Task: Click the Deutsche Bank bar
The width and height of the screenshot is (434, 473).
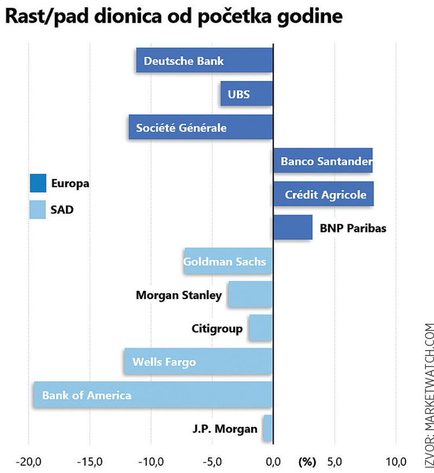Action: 204,61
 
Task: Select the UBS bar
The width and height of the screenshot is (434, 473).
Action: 246,94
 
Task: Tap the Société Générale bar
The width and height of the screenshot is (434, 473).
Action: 201,127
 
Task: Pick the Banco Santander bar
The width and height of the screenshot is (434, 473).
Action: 323,161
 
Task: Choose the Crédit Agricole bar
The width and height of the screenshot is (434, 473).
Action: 323,195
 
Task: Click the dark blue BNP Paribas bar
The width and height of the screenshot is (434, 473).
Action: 292,228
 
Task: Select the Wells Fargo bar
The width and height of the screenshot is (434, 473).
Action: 198,361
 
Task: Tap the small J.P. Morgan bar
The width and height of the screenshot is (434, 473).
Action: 267,428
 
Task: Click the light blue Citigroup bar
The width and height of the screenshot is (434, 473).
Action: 260,328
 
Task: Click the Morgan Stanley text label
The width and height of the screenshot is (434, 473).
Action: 178,295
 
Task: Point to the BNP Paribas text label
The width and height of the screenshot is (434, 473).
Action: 353,228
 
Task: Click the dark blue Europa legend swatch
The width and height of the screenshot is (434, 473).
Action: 38,183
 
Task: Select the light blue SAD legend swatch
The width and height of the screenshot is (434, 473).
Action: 38,210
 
